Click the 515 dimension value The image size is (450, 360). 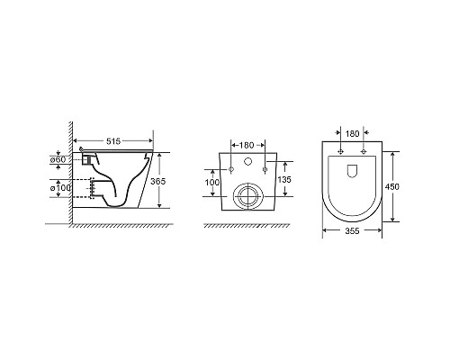click(x=113, y=141)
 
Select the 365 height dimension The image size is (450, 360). click(x=157, y=181)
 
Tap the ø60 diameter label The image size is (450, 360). click(x=58, y=159)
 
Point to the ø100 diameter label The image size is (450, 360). click(x=60, y=188)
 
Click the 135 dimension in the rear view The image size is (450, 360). click(x=284, y=179)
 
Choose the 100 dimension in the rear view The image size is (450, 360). click(x=212, y=182)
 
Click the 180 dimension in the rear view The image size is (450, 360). click(x=247, y=145)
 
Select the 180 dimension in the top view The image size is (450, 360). click(x=352, y=134)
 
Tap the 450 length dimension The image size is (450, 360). click(x=392, y=186)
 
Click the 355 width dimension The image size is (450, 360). click(x=352, y=230)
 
